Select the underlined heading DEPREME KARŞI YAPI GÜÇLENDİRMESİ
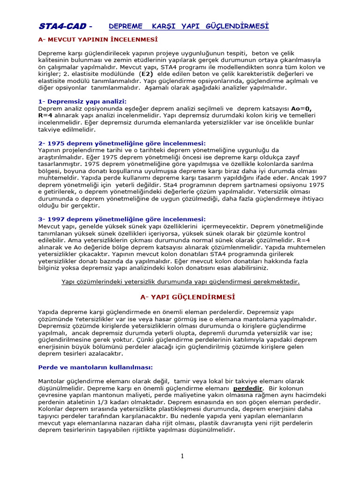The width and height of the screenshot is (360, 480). pos(189,26)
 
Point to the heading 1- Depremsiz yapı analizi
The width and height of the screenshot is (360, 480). pos(82,101)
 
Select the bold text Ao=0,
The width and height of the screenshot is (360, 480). pos(301,108)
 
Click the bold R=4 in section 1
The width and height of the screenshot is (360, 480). pos(46,115)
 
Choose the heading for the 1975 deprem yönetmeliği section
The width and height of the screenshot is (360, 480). pos(122,143)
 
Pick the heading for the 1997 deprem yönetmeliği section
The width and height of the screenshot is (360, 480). pos(122,219)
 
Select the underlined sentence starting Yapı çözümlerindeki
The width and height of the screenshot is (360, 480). pos(180,282)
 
